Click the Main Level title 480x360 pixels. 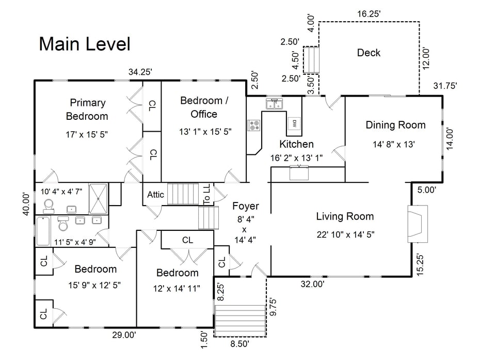pos(85,44)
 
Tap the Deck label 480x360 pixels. pos(369,53)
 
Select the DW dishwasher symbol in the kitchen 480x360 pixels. pos(294,123)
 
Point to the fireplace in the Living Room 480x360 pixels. pos(418,223)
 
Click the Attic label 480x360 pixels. pos(155,195)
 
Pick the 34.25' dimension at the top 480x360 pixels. pos(140,72)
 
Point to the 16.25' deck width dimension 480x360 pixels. pos(369,14)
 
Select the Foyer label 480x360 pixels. pos(245,206)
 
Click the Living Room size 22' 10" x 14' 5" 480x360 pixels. pos(345,234)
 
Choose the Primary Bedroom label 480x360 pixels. pos(87,109)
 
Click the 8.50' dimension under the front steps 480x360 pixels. pos(239,343)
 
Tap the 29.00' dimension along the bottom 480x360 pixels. pos(124,335)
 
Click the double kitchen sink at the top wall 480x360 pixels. pos(274,104)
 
